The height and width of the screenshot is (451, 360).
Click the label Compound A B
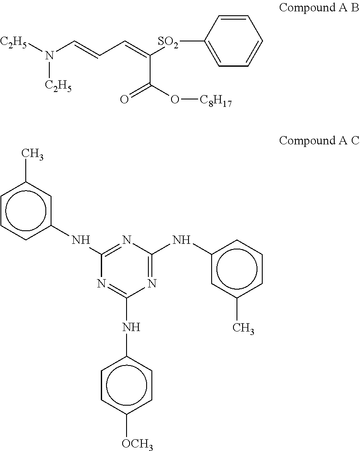point(319,8)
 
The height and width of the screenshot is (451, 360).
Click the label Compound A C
point(319,141)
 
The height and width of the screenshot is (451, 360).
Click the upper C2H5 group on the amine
point(14,42)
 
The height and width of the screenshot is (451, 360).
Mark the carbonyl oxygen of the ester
point(124,100)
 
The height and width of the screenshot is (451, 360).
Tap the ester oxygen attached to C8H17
point(175,100)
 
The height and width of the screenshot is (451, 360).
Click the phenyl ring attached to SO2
point(233,41)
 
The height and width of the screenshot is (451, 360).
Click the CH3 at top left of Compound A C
point(32,154)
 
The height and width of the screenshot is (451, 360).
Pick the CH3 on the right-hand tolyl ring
point(243,327)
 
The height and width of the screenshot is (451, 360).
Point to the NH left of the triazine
point(80,239)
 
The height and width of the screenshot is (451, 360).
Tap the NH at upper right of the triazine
point(182,239)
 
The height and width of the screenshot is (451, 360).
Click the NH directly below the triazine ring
point(131,327)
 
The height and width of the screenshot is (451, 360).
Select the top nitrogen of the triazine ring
point(127,239)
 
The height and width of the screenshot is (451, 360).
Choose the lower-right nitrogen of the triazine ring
point(151,284)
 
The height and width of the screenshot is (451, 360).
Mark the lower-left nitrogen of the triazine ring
point(101,284)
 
